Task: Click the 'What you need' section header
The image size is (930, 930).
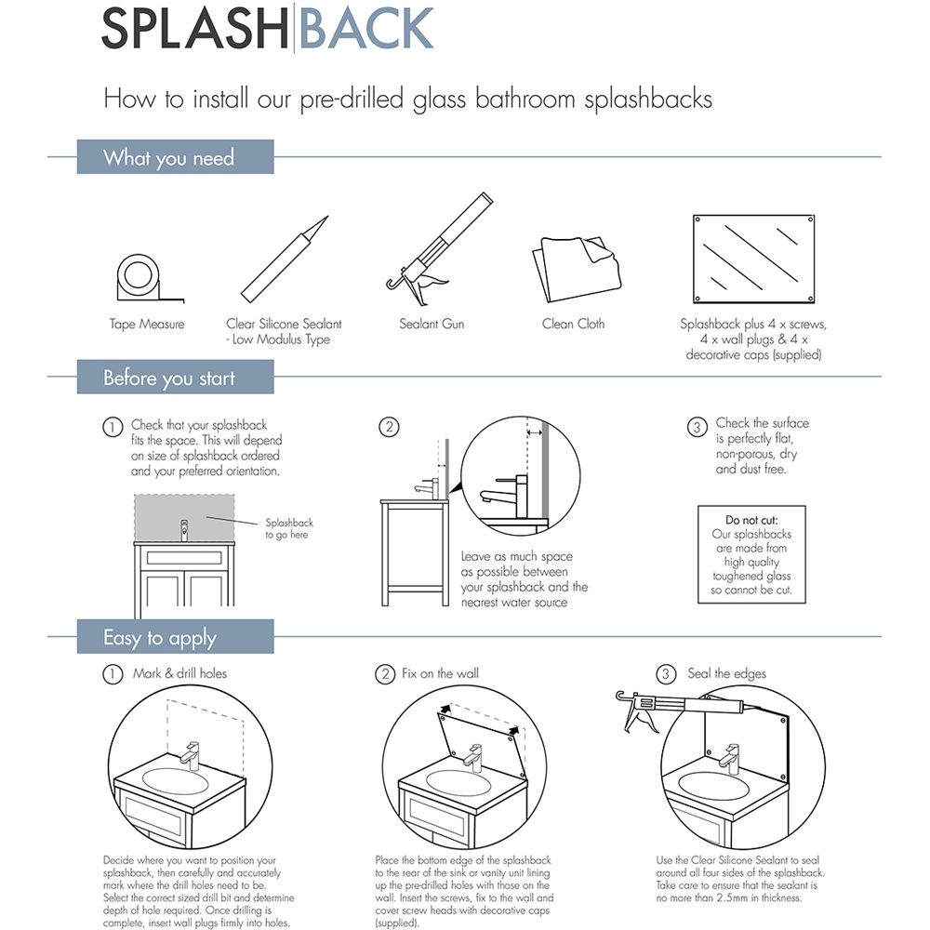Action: (x=168, y=157)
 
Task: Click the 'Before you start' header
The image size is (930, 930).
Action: (x=168, y=379)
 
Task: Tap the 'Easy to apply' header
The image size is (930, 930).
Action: (x=159, y=638)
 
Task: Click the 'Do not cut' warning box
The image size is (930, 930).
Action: (x=751, y=554)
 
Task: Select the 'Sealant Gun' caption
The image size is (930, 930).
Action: (x=432, y=325)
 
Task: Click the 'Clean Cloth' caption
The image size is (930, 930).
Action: (x=573, y=325)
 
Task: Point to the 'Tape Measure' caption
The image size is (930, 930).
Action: (x=147, y=325)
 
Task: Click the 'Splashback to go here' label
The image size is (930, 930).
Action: (x=289, y=528)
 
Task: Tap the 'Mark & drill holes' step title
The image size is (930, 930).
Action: (x=179, y=673)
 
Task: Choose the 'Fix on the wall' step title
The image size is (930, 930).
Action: (x=441, y=673)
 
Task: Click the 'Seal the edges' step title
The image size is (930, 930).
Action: (x=726, y=673)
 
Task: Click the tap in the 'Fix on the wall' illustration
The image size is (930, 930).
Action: (x=476, y=755)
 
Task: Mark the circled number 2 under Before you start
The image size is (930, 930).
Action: (x=389, y=428)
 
